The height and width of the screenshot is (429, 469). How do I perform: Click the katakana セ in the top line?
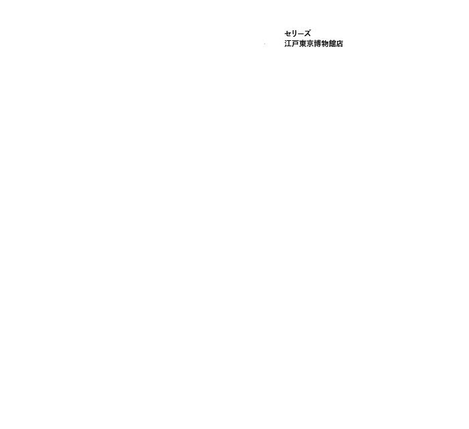click(287, 34)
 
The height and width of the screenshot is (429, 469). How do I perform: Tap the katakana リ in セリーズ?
click(294, 34)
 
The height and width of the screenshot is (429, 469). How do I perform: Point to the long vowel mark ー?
click(300, 34)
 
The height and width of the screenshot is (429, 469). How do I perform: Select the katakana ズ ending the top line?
click(307, 34)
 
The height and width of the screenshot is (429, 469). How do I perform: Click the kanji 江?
click(288, 44)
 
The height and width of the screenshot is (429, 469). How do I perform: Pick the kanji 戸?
click(295, 44)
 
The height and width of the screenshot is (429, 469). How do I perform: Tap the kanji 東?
click(303, 44)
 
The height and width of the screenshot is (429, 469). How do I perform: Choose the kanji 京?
click(310, 44)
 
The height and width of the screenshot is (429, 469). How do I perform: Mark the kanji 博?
click(318, 44)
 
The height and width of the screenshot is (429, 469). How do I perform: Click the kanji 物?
click(324, 44)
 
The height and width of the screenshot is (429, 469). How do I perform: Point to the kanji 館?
click(332, 44)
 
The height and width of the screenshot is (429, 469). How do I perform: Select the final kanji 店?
click(339, 44)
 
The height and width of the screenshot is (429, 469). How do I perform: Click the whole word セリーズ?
click(298, 34)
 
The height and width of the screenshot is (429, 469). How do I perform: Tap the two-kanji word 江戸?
click(291, 44)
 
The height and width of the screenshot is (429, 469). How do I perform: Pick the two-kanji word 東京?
click(306, 44)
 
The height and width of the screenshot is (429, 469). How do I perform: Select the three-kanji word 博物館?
click(324, 44)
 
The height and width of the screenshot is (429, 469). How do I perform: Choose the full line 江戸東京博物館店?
click(314, 44)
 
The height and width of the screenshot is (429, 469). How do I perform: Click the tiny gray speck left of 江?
click(265, 44)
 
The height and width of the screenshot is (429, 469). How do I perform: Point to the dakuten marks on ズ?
click(310, 31)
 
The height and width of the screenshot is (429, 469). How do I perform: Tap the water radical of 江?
click(285, 44)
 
